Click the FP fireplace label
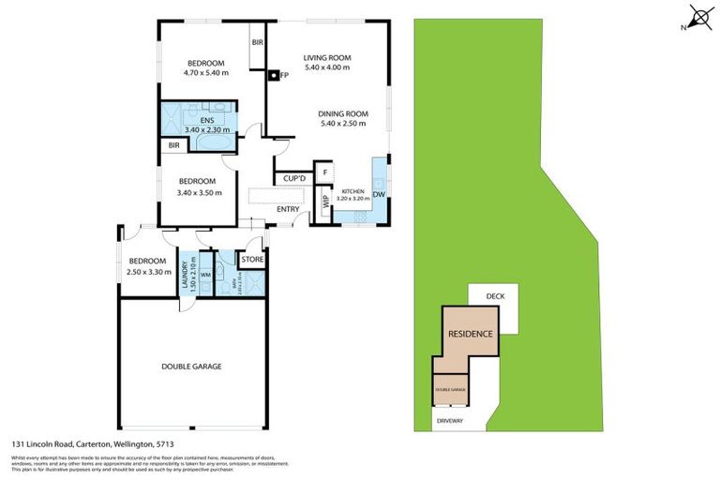tap(282, 75)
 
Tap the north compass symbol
tap(697, 18)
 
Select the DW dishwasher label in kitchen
tap(379, 195)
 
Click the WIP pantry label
tap(325, 201)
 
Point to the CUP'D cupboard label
tap(290, 178)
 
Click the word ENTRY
tap(288, 208)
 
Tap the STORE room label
tap(252, 260)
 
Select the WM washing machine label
tap(205, 274)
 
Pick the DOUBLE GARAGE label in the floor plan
tap(191, 367)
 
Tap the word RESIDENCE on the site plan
tap(470, 334)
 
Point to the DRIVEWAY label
tap(450, 422)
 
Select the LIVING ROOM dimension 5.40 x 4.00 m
tap(327, 68)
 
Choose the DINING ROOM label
tap(344, 113)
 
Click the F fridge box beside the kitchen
tap(324, 172)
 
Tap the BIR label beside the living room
tap(257, 43)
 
